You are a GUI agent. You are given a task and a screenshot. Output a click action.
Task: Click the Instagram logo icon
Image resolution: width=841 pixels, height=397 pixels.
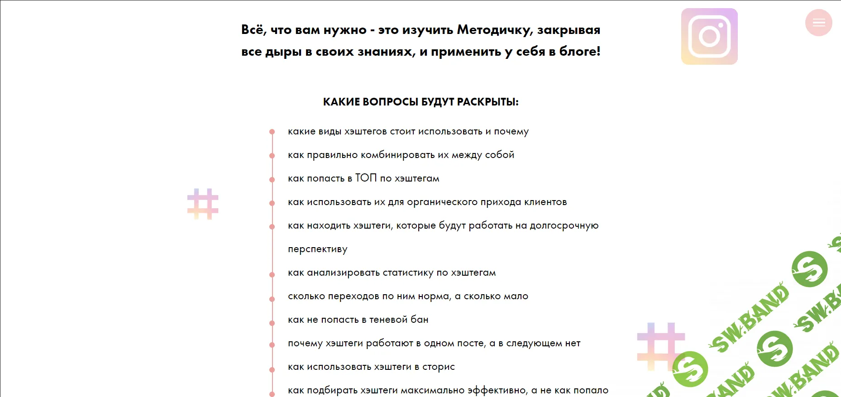[x=709, y=37]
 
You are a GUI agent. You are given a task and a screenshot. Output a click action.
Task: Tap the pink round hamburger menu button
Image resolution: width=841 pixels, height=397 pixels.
[x=818, y=23]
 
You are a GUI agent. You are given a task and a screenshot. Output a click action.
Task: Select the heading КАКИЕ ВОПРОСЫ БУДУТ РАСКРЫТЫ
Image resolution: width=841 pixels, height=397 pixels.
[x=420, y=102]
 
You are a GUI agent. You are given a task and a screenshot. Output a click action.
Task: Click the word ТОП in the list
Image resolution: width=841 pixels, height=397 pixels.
[x=366, y=178]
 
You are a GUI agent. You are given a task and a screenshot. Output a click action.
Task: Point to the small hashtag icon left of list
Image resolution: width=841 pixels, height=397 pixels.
[x=203, y=204]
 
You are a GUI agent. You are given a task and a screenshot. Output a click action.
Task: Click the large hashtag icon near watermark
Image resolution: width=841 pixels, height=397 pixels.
[x=660, y=346]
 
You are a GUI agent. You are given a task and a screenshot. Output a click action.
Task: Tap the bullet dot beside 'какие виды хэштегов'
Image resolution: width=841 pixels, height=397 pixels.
[x=272, y=132]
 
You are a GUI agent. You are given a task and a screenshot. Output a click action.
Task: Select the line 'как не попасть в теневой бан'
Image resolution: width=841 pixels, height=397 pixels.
[x=358, y=320]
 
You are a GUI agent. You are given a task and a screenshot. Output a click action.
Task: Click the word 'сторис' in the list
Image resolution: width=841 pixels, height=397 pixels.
[x=438, y=367]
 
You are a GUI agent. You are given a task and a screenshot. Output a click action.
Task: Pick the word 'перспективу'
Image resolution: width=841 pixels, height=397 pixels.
[x=318, y=249]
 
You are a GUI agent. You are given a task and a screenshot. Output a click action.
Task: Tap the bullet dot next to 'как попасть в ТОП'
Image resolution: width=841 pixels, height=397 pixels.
[x=272, y=179]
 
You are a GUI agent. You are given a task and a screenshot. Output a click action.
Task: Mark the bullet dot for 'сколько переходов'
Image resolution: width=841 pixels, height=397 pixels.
[x=272, y=299]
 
